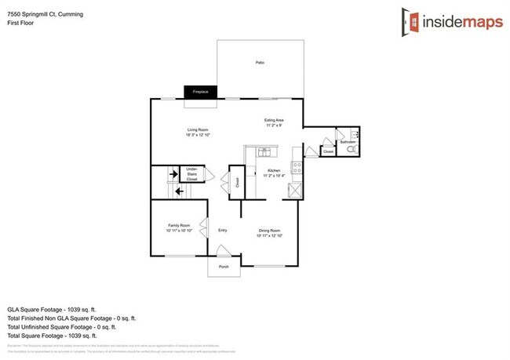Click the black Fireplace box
point(200,92)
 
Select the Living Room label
point(196,132)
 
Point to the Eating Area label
point(274,122)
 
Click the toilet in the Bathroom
point(352,147)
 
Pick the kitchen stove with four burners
point(296,166)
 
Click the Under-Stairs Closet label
point(191,173)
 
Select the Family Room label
point(179,227)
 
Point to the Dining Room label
point(271,233)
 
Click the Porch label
point(223,267)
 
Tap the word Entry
point(222,230)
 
